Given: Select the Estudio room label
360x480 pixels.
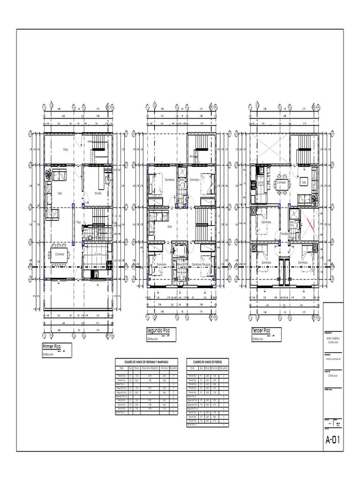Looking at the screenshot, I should pos(98,193).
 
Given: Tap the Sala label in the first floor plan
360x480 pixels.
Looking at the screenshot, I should pos(60,193).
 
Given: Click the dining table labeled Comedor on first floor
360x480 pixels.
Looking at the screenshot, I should pos(60,255).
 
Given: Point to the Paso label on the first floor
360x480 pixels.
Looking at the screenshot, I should pos(79,222).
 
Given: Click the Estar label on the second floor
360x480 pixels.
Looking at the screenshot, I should pos(170,226).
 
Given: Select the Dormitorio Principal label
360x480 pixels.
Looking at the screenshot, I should pos(202,264).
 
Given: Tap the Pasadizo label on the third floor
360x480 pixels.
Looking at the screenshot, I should pos(285,233).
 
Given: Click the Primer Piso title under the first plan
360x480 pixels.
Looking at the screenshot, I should pos(52,347).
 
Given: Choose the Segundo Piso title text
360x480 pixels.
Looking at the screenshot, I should pos(158,331).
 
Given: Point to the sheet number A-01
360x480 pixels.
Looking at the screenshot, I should pos(333,440).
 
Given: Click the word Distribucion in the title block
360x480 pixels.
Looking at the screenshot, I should pos(333,375).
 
